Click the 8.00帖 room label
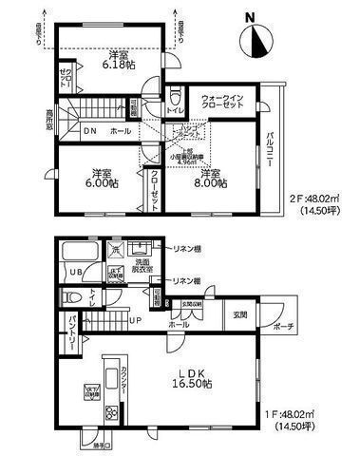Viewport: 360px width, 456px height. point(212,180)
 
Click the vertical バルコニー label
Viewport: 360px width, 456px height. point(269,151)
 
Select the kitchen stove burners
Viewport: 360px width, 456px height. point(111,412)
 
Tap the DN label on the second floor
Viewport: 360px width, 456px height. point(90,130)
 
